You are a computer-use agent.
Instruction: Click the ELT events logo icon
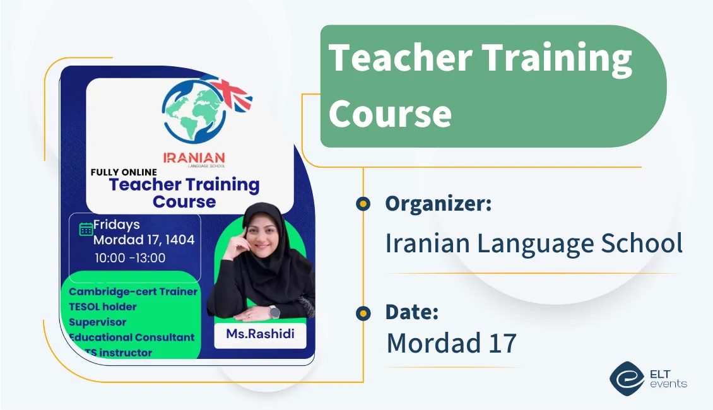(x=626, y=377)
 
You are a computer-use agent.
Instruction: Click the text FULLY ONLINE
(x=124, y=172)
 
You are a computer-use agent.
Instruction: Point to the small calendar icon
(x=86, y=229)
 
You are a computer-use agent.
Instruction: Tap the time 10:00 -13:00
(x=130, y=258)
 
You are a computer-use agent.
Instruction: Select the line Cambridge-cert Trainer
(x=133, y=291)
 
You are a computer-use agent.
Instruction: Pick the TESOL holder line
(x=102, y=307)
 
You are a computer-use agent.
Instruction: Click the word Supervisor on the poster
(x=97, y=322)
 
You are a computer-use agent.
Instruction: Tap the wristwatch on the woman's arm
(x=274, y=312)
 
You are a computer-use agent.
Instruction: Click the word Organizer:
(x=438, y=204)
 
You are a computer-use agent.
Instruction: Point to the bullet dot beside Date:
(x=363, y=312)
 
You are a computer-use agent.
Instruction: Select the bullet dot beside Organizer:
(x=363, y=204)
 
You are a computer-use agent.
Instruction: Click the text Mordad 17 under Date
(x=451, y=343)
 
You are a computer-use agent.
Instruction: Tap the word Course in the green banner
(x=390, y=114)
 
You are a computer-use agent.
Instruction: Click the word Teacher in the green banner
(x=400, y=58)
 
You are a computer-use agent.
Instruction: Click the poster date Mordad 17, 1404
(x=144, y=240)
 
